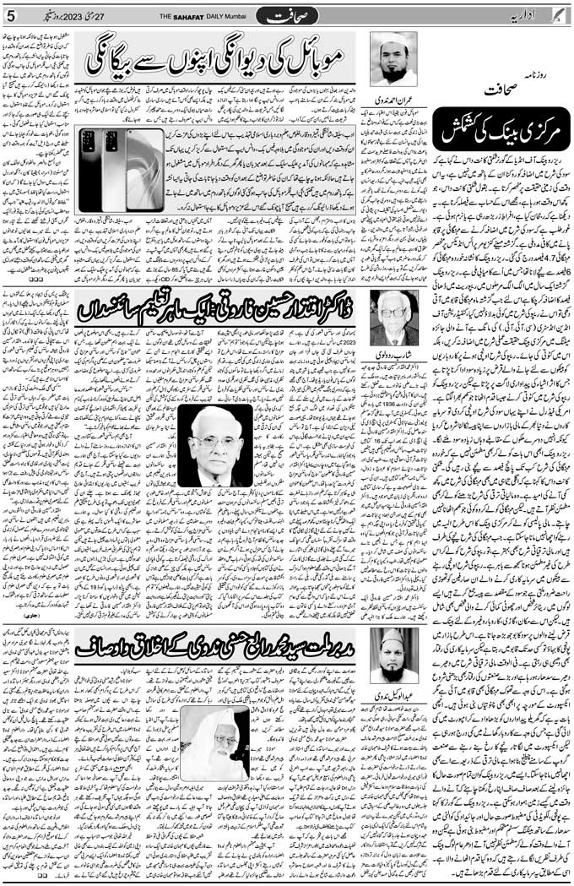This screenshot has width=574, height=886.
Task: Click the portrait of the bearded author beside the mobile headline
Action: click(x=393, y=59)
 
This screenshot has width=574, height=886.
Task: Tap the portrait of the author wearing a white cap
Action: click(x=393, y=655)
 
